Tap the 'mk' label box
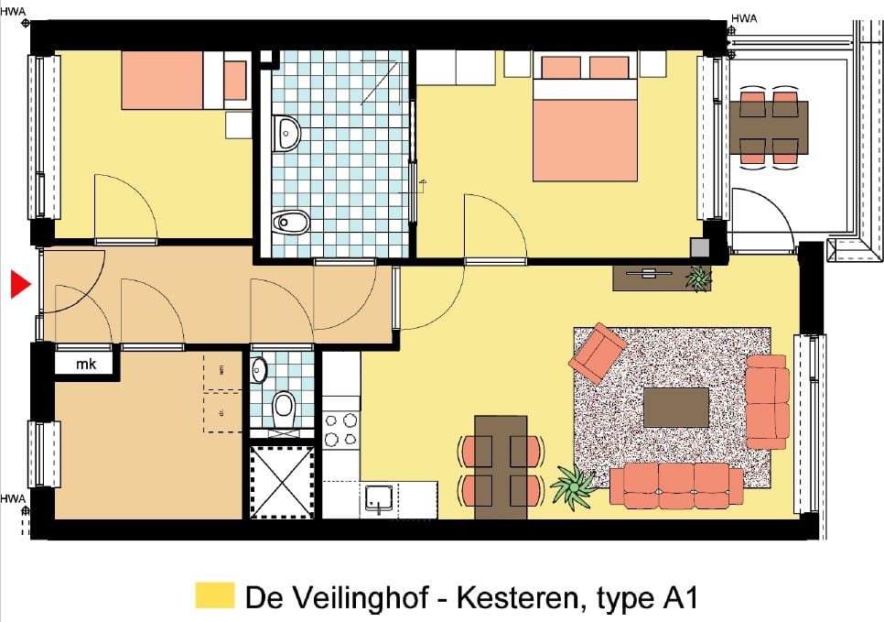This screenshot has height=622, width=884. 85,365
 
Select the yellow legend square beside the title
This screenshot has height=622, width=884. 215,595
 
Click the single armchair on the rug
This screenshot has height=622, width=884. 598,352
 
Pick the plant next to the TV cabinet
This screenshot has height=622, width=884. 699,278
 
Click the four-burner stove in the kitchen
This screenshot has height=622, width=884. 341,431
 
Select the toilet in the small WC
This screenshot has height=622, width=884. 285,406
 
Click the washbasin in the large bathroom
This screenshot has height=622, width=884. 287,134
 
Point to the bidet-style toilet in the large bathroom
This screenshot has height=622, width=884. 291,222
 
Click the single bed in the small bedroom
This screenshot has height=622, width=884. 174,81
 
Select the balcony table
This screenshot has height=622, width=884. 769,126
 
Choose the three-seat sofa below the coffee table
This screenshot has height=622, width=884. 676,486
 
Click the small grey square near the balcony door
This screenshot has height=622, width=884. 701,247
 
